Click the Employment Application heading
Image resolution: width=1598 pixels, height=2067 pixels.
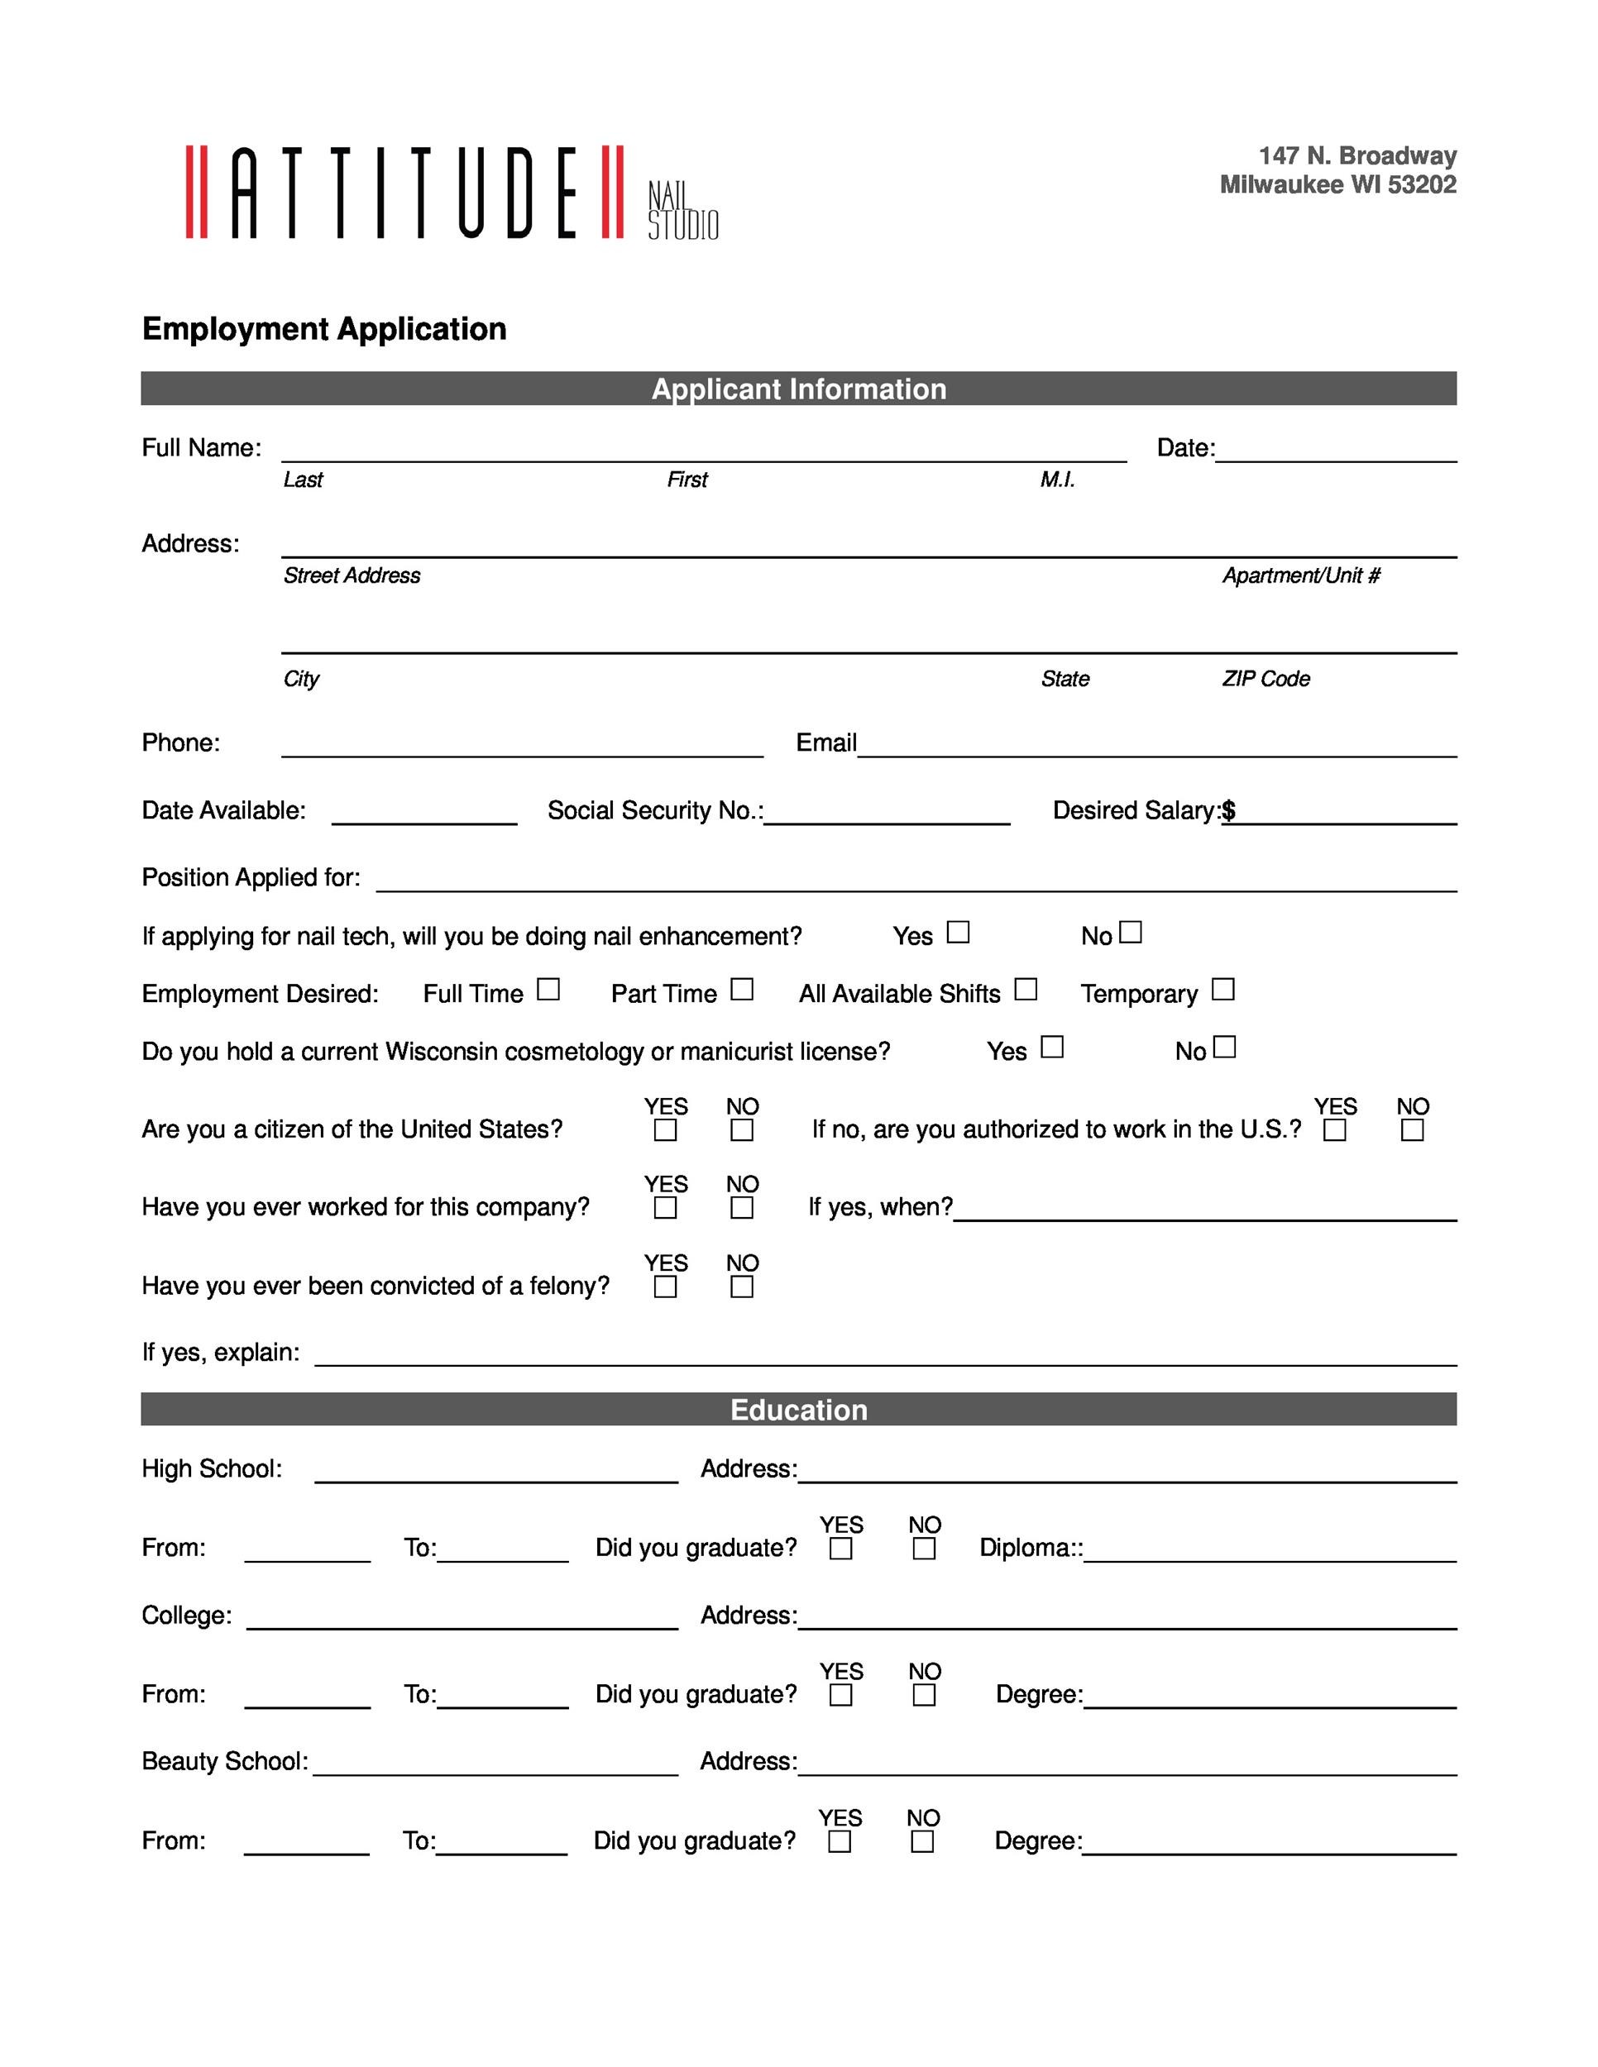[x=323, y=328]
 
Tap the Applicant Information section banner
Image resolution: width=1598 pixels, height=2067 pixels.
[x=798, y=388]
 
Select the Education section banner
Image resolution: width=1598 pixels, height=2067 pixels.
[x=798, y=1409]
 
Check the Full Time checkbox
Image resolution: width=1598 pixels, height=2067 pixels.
[x=548, y=989]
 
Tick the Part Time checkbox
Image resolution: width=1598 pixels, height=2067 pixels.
[x=742, y=989]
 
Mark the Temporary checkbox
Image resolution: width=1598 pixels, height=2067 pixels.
[x=1223, y=989]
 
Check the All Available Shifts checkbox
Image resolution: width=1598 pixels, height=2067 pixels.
[x=1026, y=989]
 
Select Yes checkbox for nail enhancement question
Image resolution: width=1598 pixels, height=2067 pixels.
[x=958, y=933]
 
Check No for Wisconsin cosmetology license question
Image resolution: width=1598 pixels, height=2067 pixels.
[x=1224, y=1047]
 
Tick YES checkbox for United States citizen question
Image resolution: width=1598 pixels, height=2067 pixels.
[x=666, y=1130]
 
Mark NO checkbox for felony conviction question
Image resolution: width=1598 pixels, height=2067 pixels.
[x=742, y=1287]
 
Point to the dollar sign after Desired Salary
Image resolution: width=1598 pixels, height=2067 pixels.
[x=1229, y=810]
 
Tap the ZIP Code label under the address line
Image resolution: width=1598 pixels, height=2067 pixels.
[x=1265, y=679]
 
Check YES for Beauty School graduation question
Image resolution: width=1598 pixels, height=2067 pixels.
[x=839, y=1842]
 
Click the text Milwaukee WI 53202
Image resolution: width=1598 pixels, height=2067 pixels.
[x=1337, y=184]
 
